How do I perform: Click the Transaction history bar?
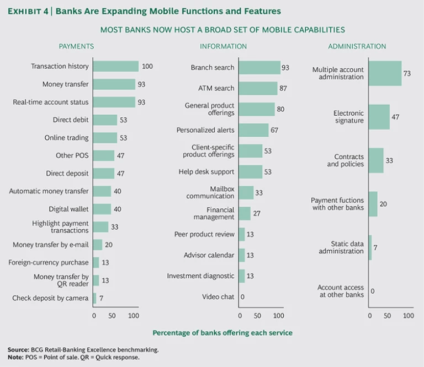tap(116, 66)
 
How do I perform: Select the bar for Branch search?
tap(259, 67)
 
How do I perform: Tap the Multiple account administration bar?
tap(385, 73)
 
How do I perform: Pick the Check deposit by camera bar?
tap(95, 298)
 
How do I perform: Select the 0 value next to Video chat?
tap(243, 297)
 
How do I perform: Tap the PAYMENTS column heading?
tap(76, 46)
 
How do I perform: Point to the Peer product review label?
tap(204, 234)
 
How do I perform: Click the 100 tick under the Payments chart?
tap(133, 316)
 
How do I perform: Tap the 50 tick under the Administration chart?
tap(389, 316)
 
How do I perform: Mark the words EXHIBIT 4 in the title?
tap(28, 11)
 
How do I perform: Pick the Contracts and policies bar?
tap(376, 160)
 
